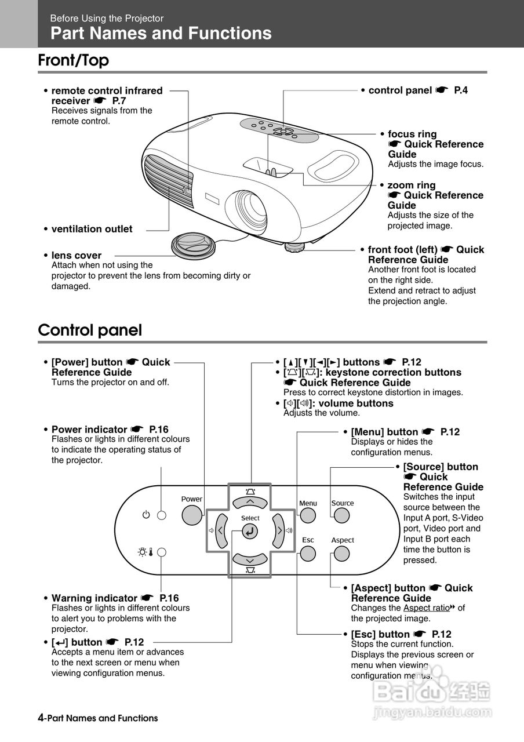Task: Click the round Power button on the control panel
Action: click(x=192, y=514)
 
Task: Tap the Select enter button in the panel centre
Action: click(x=250, y=531)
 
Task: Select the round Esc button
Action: click(x=308, y=553)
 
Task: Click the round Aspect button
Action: click(x=342, y=554)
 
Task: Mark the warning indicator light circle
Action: click(x=162, y=552)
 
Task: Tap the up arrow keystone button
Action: click(x=250, y=501)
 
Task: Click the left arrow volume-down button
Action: click(x=221, y=530)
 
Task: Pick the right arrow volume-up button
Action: click(x=279, y=530)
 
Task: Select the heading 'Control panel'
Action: click(x=90, y=330)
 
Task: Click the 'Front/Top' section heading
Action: click(x=74, y=60)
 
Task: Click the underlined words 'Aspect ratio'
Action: click(x=427, y=608)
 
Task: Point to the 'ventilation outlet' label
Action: click(x=92, y=229)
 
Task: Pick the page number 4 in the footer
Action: click(x=41, y=718)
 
